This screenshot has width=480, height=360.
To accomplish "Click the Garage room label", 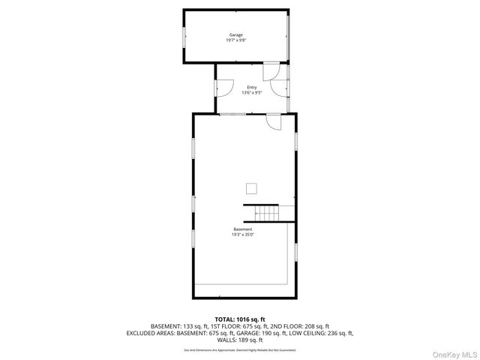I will click(235, 34).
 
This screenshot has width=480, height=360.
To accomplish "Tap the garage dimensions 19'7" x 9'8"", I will click(235, 40).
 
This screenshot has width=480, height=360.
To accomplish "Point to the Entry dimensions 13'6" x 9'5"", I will click(251, 94).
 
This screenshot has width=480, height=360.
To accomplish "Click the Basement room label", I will click(242, 229).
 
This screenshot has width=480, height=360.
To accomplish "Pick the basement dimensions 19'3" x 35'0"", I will click(242, 235).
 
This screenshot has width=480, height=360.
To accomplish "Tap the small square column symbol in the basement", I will click(253, 188).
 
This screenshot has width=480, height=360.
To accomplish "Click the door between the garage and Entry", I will click(271, 72).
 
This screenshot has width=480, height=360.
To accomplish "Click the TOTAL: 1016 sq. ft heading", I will click(240, 319).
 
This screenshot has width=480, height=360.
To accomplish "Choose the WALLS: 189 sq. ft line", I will click(240, 340).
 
